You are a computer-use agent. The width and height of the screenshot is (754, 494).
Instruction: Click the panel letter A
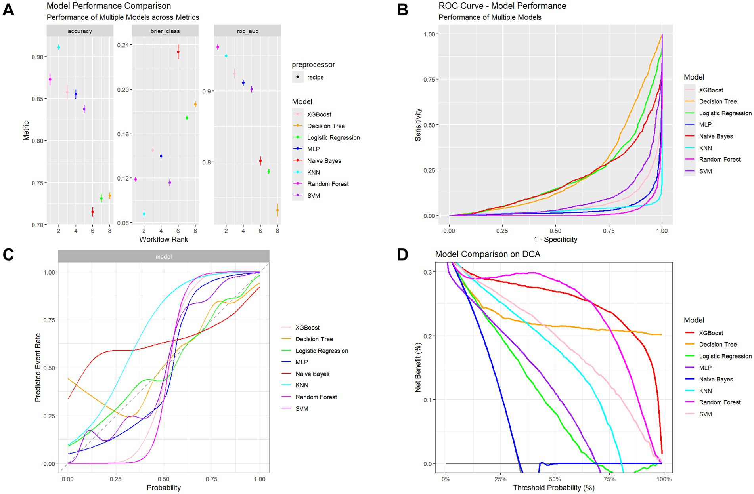pyautogui.click(x=8, y=10)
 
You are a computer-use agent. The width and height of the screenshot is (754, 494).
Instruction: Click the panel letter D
pyautogui.click(x=402, y=255)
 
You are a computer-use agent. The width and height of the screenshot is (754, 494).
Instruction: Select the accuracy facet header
pyautogui.click(x=80, y=31)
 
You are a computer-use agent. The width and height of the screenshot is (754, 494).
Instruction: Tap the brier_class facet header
pyautogui.click(x=165, y=31)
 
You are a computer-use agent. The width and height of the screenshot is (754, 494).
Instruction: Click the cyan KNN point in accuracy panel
pyautogui.click(x=59, y=47)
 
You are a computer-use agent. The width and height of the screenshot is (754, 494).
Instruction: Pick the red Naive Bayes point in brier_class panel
pyautogui.click(x=178, y=52)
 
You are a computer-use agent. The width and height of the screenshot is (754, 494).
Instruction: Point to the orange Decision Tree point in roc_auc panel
pyautogui.click(x=277, y=210)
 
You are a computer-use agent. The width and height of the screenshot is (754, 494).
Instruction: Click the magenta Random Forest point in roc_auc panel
pyautogui.click(x=218, y=47)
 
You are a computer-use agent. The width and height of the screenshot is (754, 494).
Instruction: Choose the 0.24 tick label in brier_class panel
pyautogui.click(x=123, y=45)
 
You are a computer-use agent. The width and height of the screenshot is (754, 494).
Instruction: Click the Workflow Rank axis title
pyautogui.click(x=163, y=239)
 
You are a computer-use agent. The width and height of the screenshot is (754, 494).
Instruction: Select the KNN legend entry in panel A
pyautogui.click(x=313, y=172)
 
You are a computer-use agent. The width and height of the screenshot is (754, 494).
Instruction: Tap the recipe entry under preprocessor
pyautogui.click(x=315, y=77)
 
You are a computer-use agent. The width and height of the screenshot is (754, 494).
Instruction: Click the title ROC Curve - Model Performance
pyautogui.click(x=502, y=6)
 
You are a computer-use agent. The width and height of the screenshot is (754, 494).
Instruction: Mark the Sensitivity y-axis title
pyautogui.click(x=418, y=125)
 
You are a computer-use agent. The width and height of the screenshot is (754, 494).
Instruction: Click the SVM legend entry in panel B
pyautogui.click(x=705, y=171)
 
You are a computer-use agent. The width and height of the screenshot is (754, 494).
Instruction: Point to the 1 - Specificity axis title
pyautogui.click(x=555, y=239)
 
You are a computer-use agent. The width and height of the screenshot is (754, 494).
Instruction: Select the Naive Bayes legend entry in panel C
pyautogui.click(x=312, y=374)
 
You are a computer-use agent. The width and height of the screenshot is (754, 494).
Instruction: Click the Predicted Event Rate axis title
pyautogui.click(x=38, y=368)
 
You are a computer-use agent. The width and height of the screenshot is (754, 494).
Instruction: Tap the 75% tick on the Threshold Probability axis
pyautogui.click(x=609, y=479)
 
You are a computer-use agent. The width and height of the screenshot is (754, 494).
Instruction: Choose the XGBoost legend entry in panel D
pyautogui.click(x=711, y=333)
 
